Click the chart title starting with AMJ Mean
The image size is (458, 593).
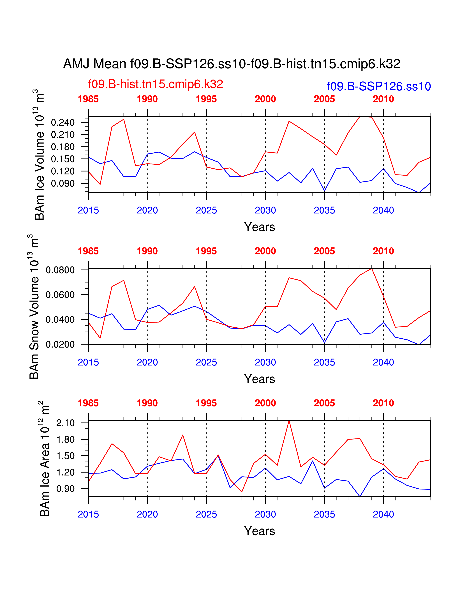(232, 64)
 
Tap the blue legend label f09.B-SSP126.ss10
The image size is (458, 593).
(379, 87)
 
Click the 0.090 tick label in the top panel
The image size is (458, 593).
(63, 183)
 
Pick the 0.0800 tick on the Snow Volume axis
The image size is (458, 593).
(60, 270)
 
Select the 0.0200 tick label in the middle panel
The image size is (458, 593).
(60, 344)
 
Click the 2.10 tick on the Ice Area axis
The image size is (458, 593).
(65, 423)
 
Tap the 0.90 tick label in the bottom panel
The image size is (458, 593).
(65, 489)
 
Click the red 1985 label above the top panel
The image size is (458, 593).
(88, 99)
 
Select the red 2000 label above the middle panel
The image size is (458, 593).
(265, 251)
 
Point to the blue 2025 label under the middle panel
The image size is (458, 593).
(206, 362)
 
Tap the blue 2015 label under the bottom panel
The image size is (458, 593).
(88, 514)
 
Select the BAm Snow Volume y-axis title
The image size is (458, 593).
(34, 307)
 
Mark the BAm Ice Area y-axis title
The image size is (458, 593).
(45, 459)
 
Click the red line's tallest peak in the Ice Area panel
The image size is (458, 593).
(289, 421)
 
